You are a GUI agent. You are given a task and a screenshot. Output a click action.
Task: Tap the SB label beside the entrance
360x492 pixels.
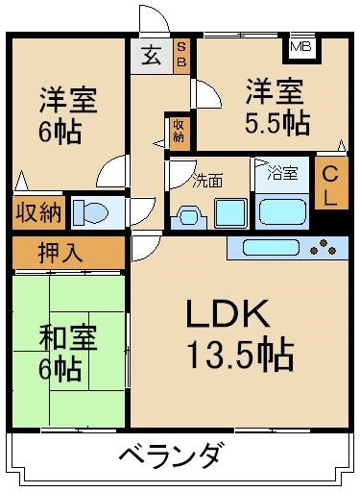pyautogui.click(x=181, y=55)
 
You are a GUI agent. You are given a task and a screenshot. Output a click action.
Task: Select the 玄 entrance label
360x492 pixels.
pyautogui.click(x=153, y=55)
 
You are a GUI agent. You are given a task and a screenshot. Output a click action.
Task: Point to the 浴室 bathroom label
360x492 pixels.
pyautogui.click(x=281, y=173)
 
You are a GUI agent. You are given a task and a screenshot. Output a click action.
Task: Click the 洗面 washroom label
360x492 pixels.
pyautogui.click(x=208, y=179)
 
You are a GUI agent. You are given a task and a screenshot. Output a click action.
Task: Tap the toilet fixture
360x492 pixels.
pyautogui.click(x=91, y=211)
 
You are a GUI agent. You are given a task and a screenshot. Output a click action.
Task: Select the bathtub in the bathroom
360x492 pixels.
pyautogui.click(x=281, y=210)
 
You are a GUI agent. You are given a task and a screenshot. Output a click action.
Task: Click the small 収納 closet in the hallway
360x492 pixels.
pyautogui.click(x=179, y=129)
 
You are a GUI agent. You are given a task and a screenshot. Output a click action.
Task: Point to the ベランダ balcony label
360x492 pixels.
pyautogui.click(x=174, y=454)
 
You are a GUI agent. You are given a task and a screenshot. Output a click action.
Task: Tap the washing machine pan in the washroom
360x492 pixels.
pyautogui.click(x=229, y=211)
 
